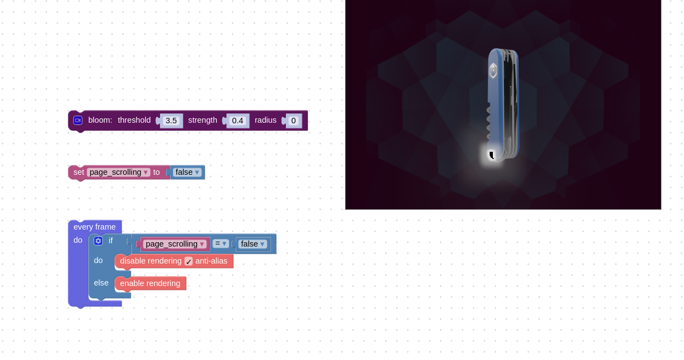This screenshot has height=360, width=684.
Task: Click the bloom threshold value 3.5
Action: pos(171,121)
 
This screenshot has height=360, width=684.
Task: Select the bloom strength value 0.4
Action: pos(237,121)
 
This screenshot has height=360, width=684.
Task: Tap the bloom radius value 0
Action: pos(294,121)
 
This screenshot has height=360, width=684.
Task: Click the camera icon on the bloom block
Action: pos(78,120)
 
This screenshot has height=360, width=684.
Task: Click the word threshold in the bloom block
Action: pos(134,120)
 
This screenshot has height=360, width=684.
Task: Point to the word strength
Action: pos(203,121)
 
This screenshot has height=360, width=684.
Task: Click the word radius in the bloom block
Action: pos(266,120)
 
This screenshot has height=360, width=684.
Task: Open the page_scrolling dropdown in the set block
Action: pos(118,173)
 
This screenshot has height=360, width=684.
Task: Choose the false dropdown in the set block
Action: pos(187,173)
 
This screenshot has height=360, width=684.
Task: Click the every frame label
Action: pos(95,227)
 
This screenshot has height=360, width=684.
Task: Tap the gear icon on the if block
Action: pos(98,241)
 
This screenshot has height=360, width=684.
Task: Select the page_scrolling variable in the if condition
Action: pos(175,244)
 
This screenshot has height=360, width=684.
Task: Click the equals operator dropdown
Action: pos(221,244)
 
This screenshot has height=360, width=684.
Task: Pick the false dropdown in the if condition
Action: pos(252,244)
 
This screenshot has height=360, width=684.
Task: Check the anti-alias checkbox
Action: pos(188,261)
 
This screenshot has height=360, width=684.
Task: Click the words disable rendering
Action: pos(151,261)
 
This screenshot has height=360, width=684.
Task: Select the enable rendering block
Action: pos(150,284)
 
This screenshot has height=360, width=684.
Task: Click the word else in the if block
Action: pos(101,283)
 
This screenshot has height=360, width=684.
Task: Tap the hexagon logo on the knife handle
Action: pos(493,71)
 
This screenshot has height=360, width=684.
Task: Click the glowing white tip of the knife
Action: pos(492,156)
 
